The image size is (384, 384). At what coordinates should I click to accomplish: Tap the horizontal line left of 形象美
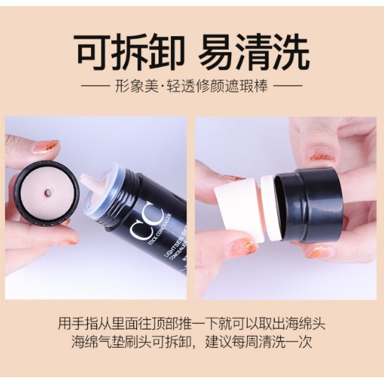(x=95, y=86)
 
